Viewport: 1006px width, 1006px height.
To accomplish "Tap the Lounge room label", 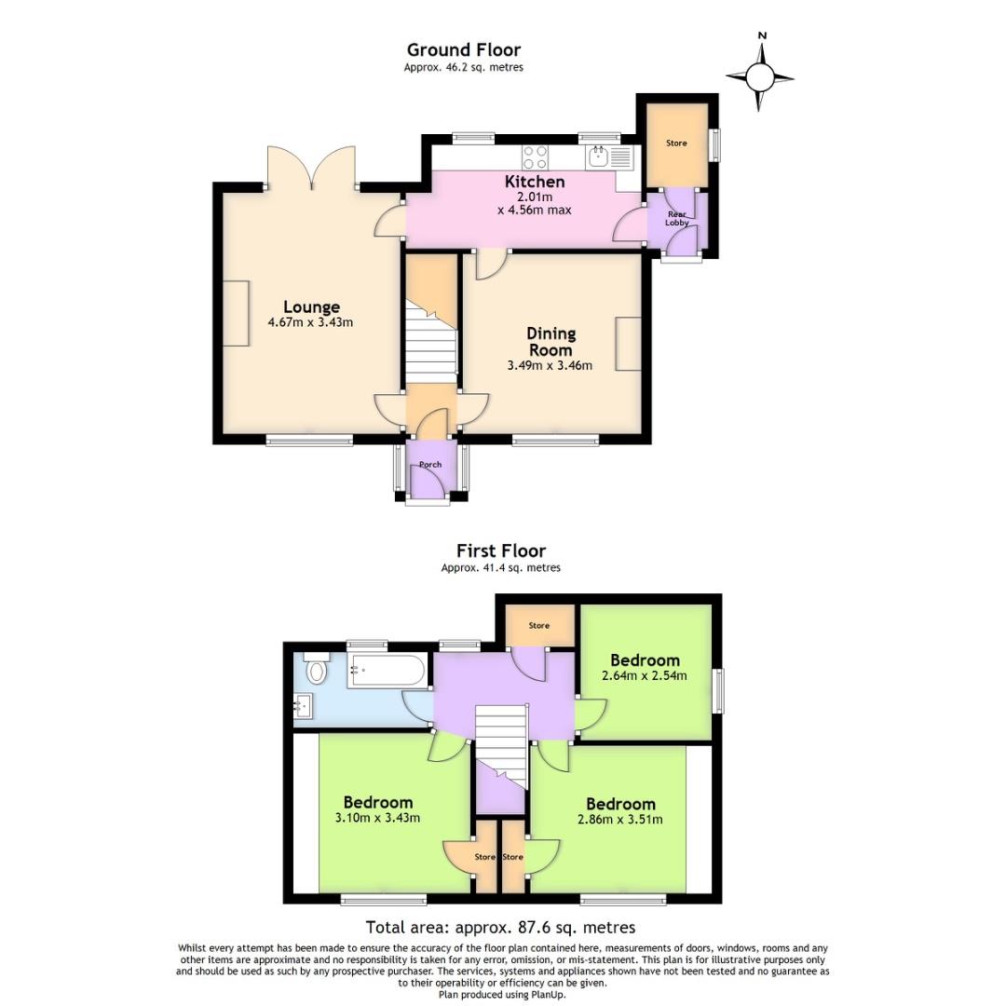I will [x=311, y=307].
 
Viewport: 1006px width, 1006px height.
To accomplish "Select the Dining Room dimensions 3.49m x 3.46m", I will [x=550, y=366].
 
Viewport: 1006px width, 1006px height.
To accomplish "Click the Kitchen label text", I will [x=535, y=182].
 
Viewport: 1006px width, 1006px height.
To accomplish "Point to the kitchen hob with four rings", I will [x=536, y=156].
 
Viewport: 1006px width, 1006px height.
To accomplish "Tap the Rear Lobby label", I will [x=677, y=218].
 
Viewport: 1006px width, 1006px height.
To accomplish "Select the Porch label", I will [x=430, y=465].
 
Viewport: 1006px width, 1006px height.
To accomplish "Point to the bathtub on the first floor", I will [x=387, y=670].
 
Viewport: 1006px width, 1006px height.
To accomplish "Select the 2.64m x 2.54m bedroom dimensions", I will [x=645, y=675].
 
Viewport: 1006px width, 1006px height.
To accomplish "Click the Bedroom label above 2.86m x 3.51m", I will [x=620, y=804].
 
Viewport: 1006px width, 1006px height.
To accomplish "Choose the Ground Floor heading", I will [x=463, y=50].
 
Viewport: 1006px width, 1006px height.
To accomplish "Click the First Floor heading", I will [x=500, y=551].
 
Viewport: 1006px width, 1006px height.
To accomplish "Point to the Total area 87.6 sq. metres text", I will [x=500, y=927].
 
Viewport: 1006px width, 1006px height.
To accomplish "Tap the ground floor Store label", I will [x=675, y=143].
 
